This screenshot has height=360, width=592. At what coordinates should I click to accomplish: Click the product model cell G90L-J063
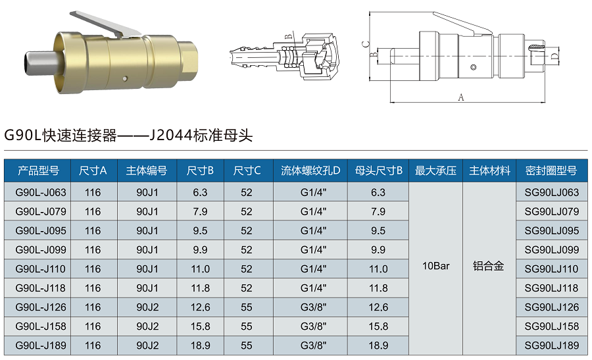point(41,193)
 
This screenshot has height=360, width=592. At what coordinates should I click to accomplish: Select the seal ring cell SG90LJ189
point(551,346)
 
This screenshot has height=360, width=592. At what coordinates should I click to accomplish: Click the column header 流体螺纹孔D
point(310,171)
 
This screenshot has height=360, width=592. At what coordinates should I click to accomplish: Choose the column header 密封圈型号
point(551,171)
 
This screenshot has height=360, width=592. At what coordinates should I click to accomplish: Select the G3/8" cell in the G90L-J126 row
point(310,307)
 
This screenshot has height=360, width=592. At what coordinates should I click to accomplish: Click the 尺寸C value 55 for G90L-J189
point(247,346)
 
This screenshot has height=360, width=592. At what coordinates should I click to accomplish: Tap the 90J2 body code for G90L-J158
point(147,326)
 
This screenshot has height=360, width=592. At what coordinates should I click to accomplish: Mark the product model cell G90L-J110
point(41,269)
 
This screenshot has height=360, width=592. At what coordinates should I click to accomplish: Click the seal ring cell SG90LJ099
point(551,250)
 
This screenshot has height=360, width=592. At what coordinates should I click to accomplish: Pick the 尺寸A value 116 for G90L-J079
point(93,212)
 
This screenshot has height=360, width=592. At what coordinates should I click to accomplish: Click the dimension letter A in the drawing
point(461,97)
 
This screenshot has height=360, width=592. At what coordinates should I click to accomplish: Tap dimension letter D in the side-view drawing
point(555,58)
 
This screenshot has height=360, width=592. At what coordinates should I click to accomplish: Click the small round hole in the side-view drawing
point(472,68)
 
